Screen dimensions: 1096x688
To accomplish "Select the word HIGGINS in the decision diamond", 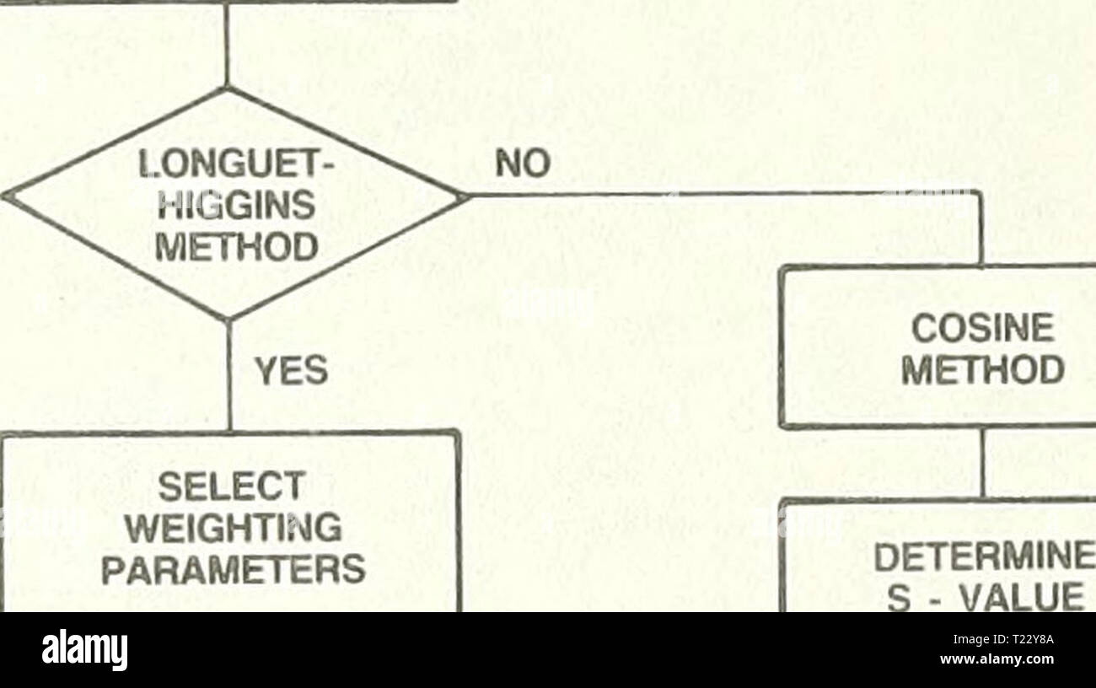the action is tap(236, 206).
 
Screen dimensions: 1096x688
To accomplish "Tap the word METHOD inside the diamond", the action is tap(236, 246).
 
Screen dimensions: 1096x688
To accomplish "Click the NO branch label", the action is tap(523, 163).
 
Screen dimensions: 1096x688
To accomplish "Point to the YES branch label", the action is tap(292, 370).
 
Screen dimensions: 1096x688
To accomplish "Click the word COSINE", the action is tap(983, 328).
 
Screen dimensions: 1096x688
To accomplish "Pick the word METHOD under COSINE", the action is tap(983, 369).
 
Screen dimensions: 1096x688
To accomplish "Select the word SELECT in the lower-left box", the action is tap(232, 486).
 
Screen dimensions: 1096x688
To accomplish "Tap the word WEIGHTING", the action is tap(234, 528).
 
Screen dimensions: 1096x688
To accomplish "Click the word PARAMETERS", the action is tap(234, 568).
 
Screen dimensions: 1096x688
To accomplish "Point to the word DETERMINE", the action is tap(985, 559).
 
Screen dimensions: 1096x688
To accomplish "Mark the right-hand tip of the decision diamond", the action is tap(467, 196).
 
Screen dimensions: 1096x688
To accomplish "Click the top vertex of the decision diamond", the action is tap(226, 88).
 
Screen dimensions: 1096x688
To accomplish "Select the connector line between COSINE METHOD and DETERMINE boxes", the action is tap(983, 463).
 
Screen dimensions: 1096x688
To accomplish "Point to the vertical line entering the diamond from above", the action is tap(226, 45).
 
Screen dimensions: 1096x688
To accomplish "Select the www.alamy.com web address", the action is tap(997, 659).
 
